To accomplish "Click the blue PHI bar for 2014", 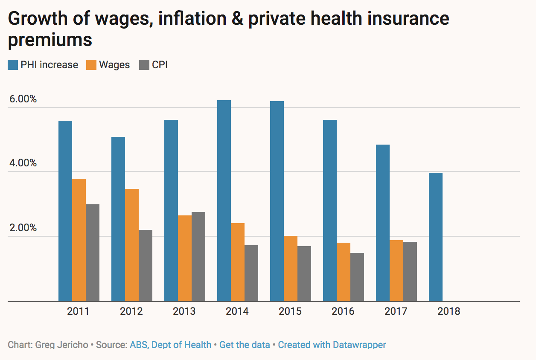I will tap(224, 200).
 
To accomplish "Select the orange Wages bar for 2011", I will tap(79, 240).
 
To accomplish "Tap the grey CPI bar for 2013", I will tap(198, 256).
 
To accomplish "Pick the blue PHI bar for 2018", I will tap(436, 237).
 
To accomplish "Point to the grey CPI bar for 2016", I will tap(357, 277).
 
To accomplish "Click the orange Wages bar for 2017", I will tap(396, 270).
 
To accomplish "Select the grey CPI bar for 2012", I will tap(146, 265).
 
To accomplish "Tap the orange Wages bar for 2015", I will tap(291, 268).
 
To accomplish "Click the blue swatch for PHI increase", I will tap(13, 65).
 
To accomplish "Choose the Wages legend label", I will tap(114, 65).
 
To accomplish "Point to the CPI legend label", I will tap(160, 65).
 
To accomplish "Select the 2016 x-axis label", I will tap(343, 311).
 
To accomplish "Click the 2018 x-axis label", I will tap(449, 311).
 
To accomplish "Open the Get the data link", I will tap(245, 345).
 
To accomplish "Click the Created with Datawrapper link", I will tap(332, 345).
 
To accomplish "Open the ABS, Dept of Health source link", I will tap(171, 345).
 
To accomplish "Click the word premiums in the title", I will tap(50, 40).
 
